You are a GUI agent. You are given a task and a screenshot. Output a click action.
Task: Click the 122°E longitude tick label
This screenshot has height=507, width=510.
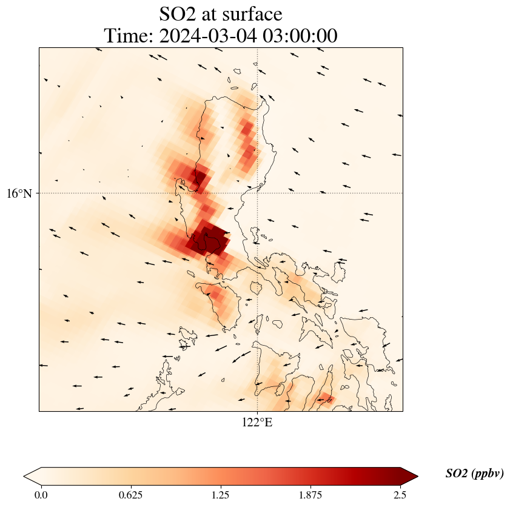pyautogui.click(x=257, y=423)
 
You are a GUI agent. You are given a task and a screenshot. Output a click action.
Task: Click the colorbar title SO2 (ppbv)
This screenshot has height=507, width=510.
pyautogui.click(x=474, y=474)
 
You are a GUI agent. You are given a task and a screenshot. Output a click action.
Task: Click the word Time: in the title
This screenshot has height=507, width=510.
pyautogui.click(x=129, y=36)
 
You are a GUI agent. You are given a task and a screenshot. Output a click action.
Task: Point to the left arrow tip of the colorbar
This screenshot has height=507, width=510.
pyautogui.click(x=28, y=476)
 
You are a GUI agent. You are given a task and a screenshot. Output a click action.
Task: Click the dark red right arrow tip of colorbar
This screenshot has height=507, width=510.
pyautogui.click(x=413, y=476)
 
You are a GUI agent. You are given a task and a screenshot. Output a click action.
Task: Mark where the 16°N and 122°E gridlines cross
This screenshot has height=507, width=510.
pyautogui.click(x=258, y=193)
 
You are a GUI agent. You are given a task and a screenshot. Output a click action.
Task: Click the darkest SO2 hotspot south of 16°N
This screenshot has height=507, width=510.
pyautogui.click(x=208, y=238)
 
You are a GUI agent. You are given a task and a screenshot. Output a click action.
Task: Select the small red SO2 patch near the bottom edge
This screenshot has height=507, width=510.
pyautogui.click(x=325, y=398)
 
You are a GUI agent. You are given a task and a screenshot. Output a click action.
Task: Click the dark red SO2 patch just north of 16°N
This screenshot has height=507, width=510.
pyautogui.click(x=198, y=177)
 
